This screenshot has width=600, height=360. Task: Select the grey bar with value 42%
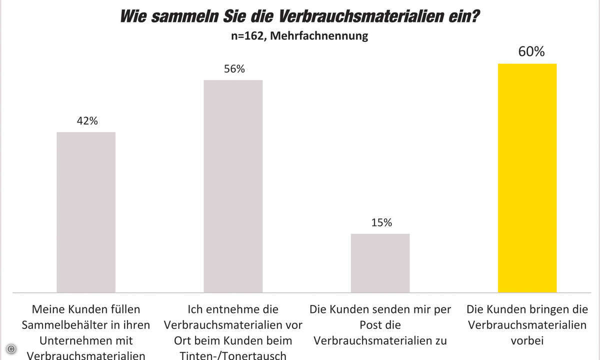(x=86, y=212)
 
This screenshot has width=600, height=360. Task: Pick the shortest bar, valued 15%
(x=380, y=263)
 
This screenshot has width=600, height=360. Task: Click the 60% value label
(x=531, y=51)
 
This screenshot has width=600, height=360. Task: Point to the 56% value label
(x=234, y=69)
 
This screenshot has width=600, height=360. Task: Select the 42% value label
(x=87, y=121)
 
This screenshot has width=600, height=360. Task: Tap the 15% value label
(x=381, y=222)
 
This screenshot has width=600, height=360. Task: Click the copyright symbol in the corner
(x=11, y=348)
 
